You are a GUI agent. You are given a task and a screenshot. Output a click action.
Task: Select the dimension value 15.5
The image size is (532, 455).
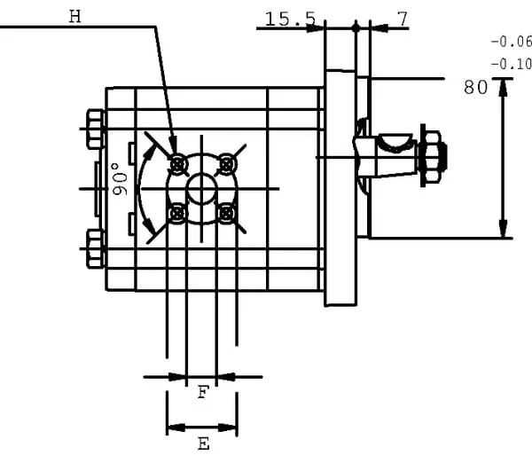(x=290, y=17)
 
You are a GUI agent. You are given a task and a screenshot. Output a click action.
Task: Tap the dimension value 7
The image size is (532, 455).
(x=403, y=17)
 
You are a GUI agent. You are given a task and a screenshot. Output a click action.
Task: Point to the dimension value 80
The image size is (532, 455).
(x=476, y=87)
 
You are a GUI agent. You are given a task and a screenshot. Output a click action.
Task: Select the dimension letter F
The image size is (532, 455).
(x=202, y=392)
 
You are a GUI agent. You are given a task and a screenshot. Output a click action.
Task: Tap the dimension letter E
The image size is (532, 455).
(x=202, y=443)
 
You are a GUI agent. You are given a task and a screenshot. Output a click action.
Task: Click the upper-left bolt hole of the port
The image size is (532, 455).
(x=178, y=163)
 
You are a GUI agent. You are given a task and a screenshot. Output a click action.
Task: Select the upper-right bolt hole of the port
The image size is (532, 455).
(x=227, y=163)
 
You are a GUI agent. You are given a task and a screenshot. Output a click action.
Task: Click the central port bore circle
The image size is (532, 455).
(x=202, y=188)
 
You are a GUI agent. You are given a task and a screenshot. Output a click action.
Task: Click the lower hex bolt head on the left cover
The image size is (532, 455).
(x=95, y=247)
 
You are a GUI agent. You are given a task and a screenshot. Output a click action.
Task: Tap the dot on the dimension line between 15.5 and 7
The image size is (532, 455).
(x=356, y=28)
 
